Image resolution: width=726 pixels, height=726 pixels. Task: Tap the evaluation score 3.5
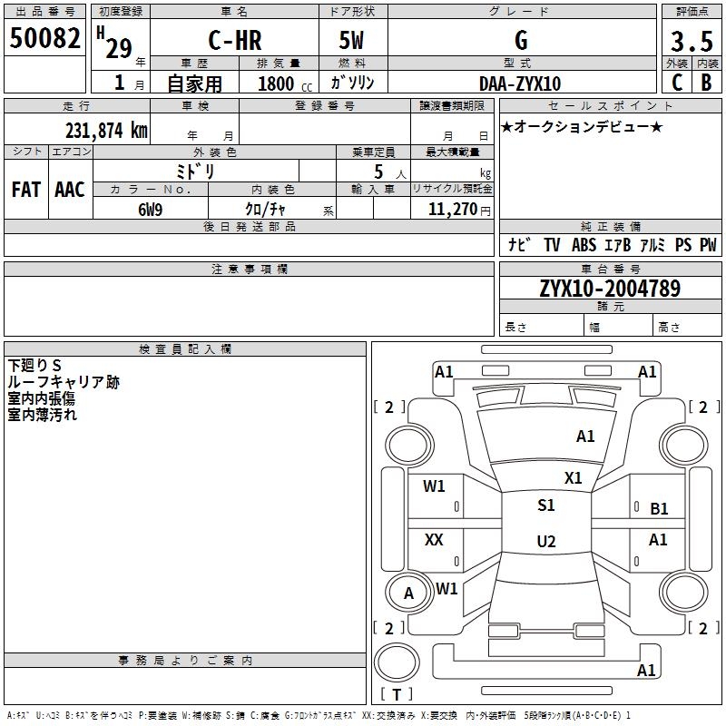[x=691, y=42]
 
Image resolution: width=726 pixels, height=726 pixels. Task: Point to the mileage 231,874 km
[x=106, y=130]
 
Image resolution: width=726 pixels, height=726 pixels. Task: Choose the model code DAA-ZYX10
[x=520, y=83]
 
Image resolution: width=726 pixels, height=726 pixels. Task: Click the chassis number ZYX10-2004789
[x=609, y=289]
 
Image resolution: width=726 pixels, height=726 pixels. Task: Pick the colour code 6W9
[x=150, y=209]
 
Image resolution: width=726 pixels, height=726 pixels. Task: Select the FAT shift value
[x=25, y=190]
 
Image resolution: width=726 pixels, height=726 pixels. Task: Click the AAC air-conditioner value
[x=70, y=190]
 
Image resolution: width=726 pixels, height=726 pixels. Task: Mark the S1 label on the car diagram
[x=545, y=505]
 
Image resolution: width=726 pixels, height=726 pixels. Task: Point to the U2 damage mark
[x=545, y=542]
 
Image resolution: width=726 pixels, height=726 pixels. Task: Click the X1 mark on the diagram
[x=573, y=477]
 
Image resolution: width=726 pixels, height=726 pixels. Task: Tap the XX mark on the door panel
[x=434, y=540]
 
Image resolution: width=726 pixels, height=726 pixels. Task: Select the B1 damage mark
[x=659, y=509]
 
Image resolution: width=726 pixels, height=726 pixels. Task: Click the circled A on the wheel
[x=408, y=594]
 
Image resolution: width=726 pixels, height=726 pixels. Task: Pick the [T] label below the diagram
[x=396, y=694]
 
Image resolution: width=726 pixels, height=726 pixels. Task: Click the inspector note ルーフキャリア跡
[x=64, y=383]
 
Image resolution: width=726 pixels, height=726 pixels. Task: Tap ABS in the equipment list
[x=584, y=245]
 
